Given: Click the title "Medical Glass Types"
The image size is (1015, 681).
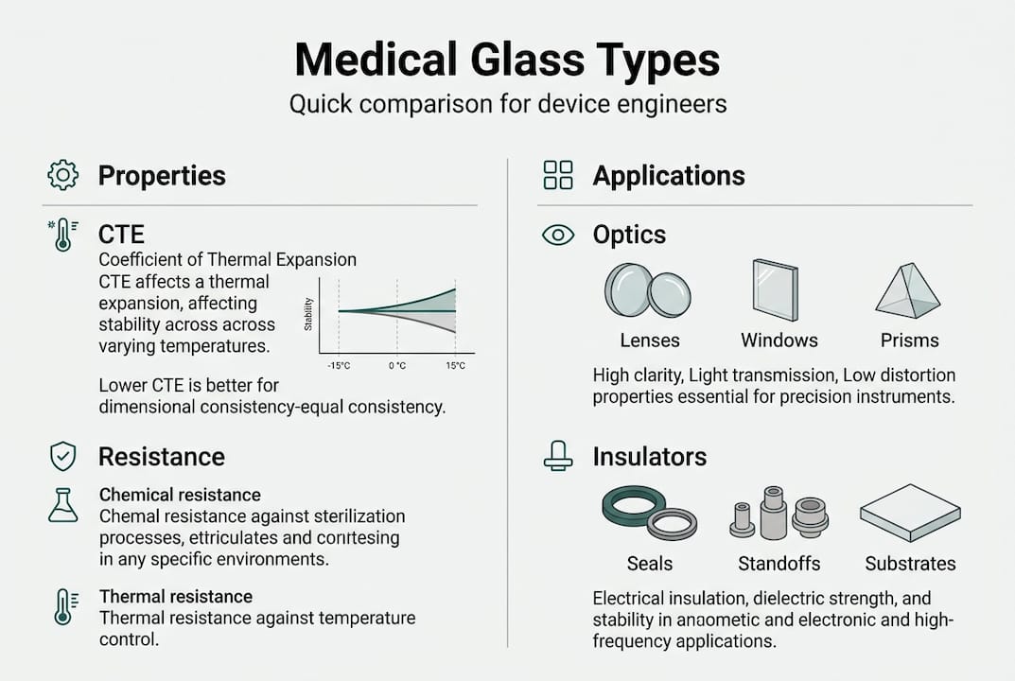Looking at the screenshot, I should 507,61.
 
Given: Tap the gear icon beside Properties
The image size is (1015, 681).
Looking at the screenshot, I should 62,175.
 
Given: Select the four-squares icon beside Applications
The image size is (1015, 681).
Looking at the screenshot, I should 558,175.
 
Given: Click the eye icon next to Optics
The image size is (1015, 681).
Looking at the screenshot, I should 558,236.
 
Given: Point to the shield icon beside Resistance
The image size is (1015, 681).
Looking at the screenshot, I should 62,457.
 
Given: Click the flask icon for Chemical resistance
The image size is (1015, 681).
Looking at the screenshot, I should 62,505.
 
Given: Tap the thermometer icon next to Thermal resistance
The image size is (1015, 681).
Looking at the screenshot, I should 62,605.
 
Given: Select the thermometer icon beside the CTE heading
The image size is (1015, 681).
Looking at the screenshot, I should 62,235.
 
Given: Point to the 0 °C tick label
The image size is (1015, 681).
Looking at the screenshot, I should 397,365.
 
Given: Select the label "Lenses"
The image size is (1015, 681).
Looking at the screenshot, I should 650,340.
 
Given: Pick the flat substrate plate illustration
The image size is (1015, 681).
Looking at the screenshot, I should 909,512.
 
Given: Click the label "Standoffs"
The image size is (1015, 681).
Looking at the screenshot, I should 779,564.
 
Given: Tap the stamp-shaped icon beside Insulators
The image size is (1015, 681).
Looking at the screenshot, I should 558,457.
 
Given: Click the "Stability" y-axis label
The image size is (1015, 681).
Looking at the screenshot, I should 308,313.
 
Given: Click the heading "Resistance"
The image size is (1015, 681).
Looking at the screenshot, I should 162,457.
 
